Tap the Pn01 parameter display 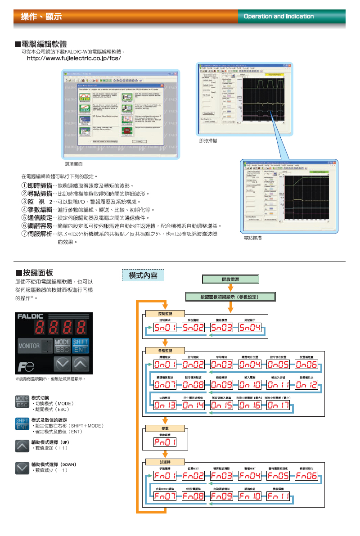pyautogui.click(x=165, y=442)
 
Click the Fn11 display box pyautogui.click(x=278, y=496)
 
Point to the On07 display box pyautogui.click(x=165, y=385)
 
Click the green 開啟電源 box pyautogui.click(x=230, y=279)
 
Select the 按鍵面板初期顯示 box pyautogui.click(x=230, y=297)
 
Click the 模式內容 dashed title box pyautogui.click(x=143, y=275)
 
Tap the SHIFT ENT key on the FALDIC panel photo pyautogui.click(x=80, y=346)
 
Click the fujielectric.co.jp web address pyautogui.click(x=74, y=59)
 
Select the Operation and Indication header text pyautogui.click(x=279, y=16)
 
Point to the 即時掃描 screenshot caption pyautogui.click(x=208, y=141)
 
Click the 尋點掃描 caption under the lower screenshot pyautogui.click(x=252, y=237)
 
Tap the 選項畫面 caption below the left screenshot pyautogui.click(x=73, y=164)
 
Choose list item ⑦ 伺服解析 pyautogui.click(x=40, y=234)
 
